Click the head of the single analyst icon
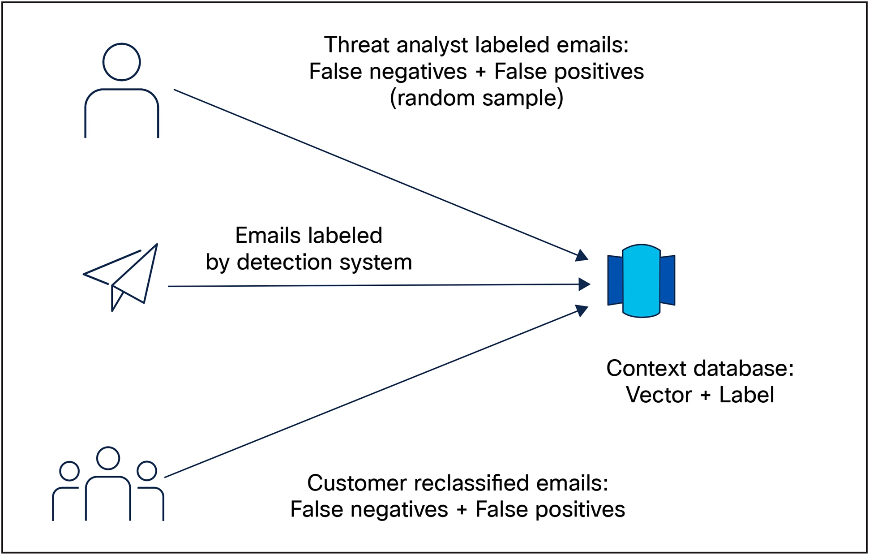121,62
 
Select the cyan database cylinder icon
641,281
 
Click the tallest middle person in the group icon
108,484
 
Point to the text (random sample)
476,98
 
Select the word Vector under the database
659,395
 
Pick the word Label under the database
746,395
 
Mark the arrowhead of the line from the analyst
582,256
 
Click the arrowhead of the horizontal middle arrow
584,284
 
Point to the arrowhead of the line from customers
582,310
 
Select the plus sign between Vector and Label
705,396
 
